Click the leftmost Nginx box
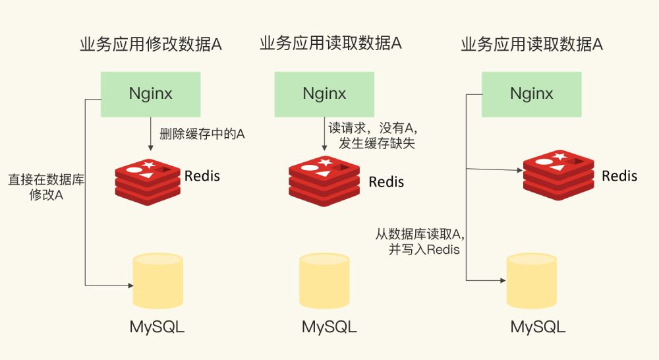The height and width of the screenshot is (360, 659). point(150,94)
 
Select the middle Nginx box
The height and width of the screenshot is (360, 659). point(324,94)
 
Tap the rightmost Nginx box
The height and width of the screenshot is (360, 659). point(532,94)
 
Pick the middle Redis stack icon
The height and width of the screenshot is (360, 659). point(324,180)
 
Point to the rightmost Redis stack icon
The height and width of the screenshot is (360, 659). point(558,175)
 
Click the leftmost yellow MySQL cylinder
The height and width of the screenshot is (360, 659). point(158,280)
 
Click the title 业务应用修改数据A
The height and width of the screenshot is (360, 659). point(150,45)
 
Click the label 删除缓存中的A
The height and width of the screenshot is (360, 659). point(202,134)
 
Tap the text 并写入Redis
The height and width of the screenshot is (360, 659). point(424,249)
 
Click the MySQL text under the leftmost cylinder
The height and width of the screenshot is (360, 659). point(157,327)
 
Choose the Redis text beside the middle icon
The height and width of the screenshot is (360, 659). point(386,181)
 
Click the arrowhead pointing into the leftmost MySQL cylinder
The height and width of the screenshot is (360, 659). point(129,285)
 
